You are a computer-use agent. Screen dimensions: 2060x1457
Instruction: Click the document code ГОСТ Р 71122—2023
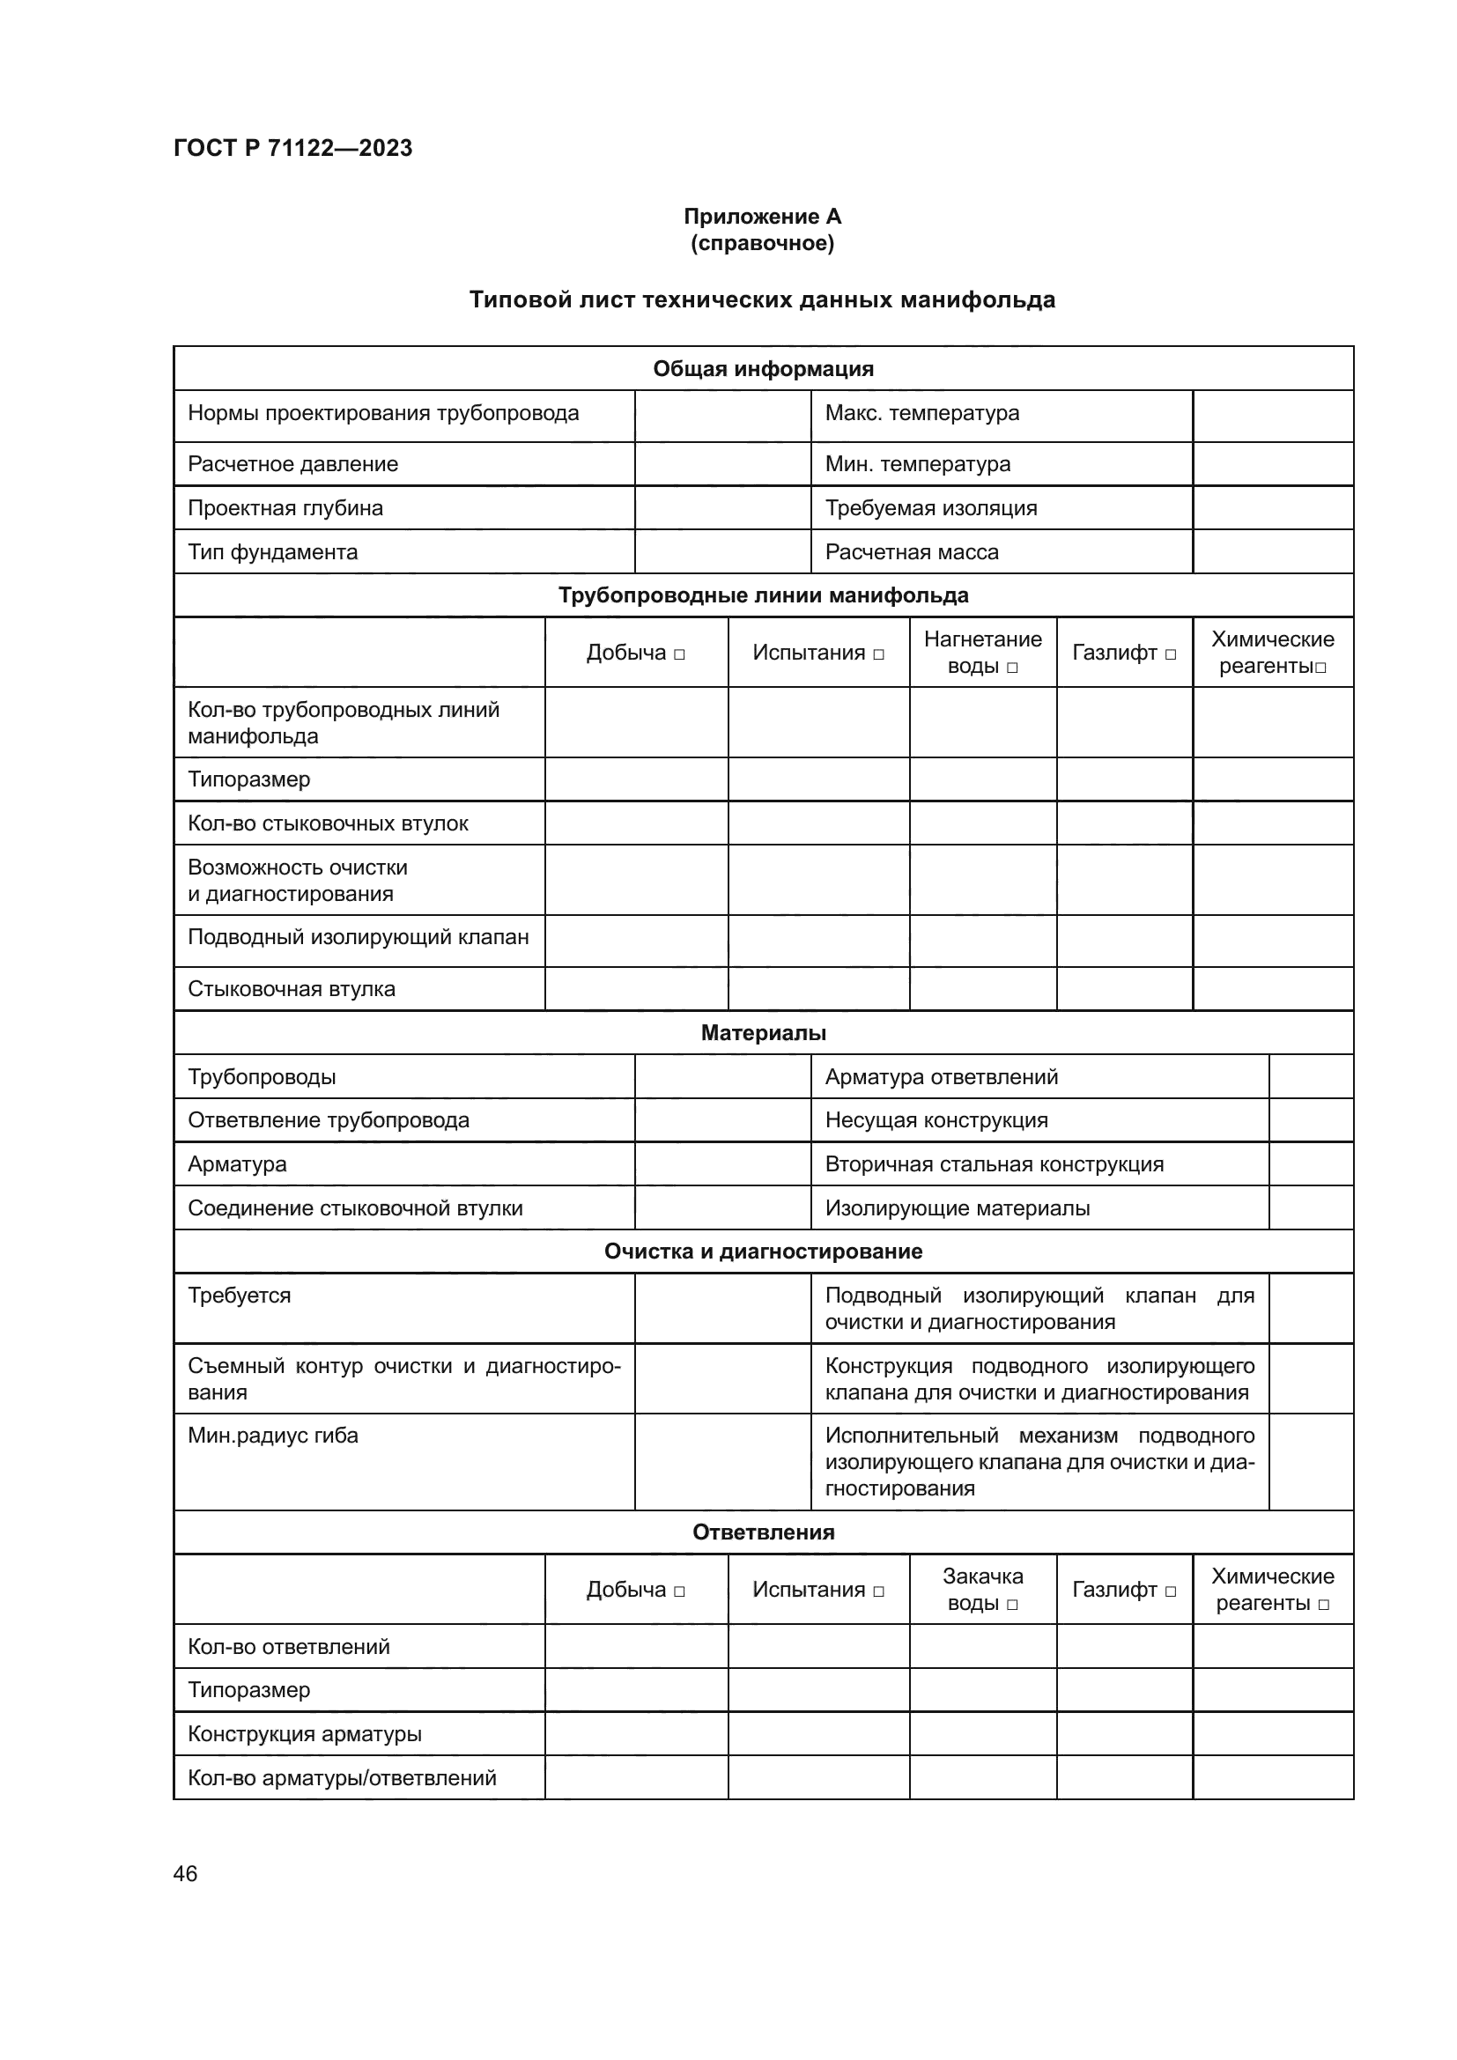pos(292,148)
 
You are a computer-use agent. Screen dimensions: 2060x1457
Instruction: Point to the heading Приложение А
pos(762,217)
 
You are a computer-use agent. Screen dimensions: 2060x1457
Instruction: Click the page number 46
pos(185,1873)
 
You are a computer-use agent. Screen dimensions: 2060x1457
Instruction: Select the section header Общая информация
pos(763,369)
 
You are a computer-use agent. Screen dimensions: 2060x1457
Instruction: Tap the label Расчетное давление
pos(292,464)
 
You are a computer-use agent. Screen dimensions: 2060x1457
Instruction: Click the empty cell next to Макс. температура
pos(1272,416)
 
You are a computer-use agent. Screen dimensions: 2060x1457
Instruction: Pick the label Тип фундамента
pos(272,552)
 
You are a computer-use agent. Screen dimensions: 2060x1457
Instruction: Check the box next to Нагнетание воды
pos(1013,668)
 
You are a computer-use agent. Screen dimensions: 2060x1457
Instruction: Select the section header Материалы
pos(763,1033)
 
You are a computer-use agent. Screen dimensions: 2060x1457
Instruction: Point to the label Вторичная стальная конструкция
pos(994,1164)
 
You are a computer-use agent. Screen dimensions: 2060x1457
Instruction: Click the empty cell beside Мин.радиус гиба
pos(722,1462)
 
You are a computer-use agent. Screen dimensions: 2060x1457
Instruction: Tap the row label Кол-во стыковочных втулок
pos(328,823)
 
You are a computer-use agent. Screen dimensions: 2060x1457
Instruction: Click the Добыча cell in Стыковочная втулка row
pos(636,989)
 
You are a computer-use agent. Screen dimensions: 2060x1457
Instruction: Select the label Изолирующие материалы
pos(958,1208)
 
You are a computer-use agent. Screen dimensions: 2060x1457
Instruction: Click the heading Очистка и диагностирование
pos(763,1252)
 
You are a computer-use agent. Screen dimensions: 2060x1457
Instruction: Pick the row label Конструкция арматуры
pos(304,1733)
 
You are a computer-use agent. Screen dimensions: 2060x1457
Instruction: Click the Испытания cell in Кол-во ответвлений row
pos(818,1646)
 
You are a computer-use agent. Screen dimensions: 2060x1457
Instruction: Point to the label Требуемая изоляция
pos(930,508)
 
